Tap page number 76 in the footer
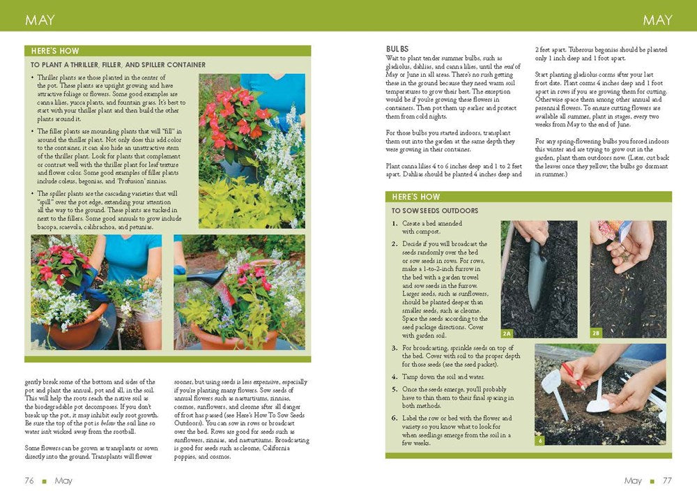pyautogui.click(x=29, y=481)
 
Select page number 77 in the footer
pyautogui.click(x=666, y=481)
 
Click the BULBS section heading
pyautogui.click(x=397, y=49)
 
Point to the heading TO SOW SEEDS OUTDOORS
pyautogui.click(x=434, y=210)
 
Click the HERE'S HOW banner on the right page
pyautogui.click(x=416, y=197)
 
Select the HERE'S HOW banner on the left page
pyautogui.click(x=55, y=51)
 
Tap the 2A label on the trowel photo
pyautogui.click(x=507, y=334)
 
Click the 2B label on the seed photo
pyautogui.click(x=596, y=334)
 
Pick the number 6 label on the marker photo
pyautogui.click(x=539, y=441)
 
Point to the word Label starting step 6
pyautogui.click(x=410, y=418)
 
